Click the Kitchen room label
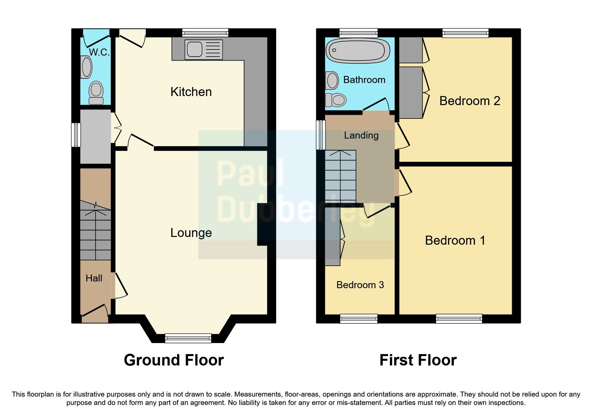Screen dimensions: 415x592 pyautogui.click(x=191, y=92)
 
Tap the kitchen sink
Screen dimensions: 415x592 pyautogui.click(x=203, y=50)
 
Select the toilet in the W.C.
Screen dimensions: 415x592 pyautogui.click(x=96, y=92)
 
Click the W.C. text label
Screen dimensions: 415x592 pyautogui.click(x=99, y=52)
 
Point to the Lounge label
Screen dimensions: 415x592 pyautogui.click(x=191, y=233)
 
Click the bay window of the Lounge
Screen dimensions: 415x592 pyautogui.click(x=188, y=338)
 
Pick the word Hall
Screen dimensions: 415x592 pyautogui.click(x=94, y=278)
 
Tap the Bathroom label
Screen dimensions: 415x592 pyautogui.click(x=364, y=80)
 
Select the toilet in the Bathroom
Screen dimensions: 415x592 pyautogui.click(x=336, y=100)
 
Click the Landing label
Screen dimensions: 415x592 pyautogui.click(x=361, y=136)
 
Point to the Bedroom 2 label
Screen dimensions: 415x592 pyautogui.click(x=469, y=101)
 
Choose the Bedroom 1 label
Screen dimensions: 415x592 pyautogui.click(x=455, y=240)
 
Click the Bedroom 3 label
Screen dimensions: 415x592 pyautogui.click(x=360, y=285)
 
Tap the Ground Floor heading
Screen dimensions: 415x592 pyautogui.click(x=173, y=360)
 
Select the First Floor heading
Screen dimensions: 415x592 pyautogui.click(x=418, y=360)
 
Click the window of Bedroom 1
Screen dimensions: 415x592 pyautogui.click(x=459, y=319)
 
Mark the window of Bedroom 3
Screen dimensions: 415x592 pyautogui.click(x=359, y=319)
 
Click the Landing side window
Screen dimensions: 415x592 pyautogui.click(x=321, y=135)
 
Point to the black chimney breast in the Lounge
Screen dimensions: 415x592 pyautogui.click(x=263, y=225)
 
